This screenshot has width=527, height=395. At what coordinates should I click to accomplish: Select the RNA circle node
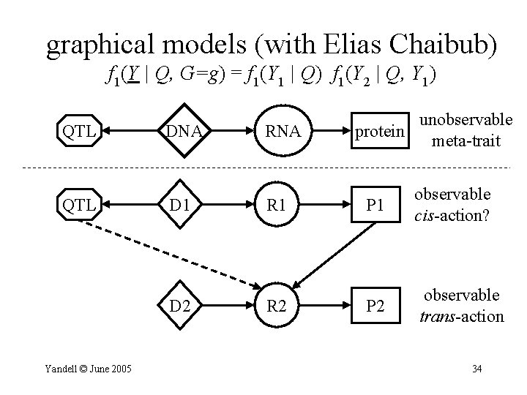point(281,132)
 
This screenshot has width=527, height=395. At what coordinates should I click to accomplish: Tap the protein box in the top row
point(379,132)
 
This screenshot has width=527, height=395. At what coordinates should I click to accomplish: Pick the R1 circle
point(281,206)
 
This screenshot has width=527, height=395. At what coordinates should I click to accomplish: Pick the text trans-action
point(463,316)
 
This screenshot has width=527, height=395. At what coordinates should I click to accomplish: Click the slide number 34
point(476,368)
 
